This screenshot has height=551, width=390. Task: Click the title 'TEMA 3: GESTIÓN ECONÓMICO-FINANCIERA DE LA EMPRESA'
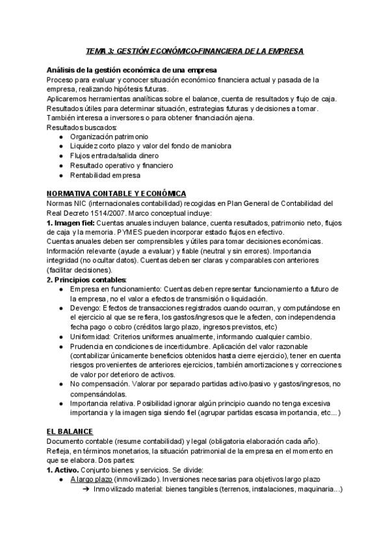coord(195,50)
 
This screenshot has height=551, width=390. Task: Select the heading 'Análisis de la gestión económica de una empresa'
coord(131,70)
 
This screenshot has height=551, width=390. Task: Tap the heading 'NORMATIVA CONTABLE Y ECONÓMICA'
coord(116,194)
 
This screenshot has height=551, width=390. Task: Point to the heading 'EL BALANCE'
coord(70,431)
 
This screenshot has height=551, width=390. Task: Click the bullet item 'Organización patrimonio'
coord(109,137)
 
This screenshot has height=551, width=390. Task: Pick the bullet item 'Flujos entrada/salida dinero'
coord(114,156)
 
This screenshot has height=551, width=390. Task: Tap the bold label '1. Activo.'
coord(64,469)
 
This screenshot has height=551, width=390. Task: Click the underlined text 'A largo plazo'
coord(92,479)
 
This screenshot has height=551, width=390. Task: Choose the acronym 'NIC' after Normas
coord(83,203)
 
